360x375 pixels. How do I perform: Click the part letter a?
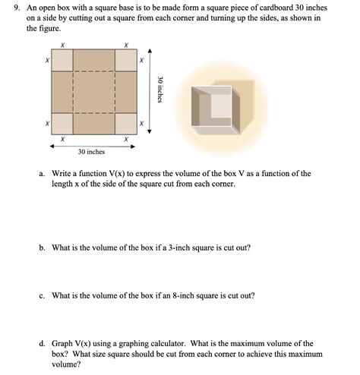(x=42, y=174)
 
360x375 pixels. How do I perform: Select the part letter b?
(x=42, y=247)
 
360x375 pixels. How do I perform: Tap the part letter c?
(x=42, y=295)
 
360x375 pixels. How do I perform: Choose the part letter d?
(x=42, y=344)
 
